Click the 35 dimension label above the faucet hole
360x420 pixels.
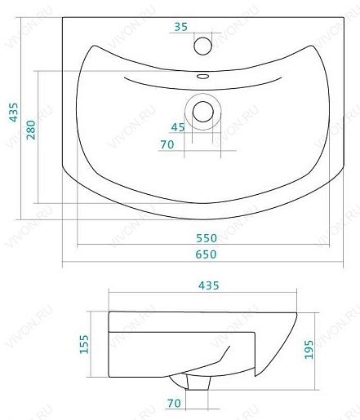click(181, 27)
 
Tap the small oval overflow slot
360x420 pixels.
click(202, 77)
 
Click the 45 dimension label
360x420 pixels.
click(178, 127)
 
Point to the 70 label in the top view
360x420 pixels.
click(167, 144)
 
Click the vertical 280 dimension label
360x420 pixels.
click(31, 130)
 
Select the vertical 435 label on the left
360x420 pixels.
click(14, 112)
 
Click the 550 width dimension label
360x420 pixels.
click(207, 238)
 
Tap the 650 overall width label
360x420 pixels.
click(207, 254)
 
